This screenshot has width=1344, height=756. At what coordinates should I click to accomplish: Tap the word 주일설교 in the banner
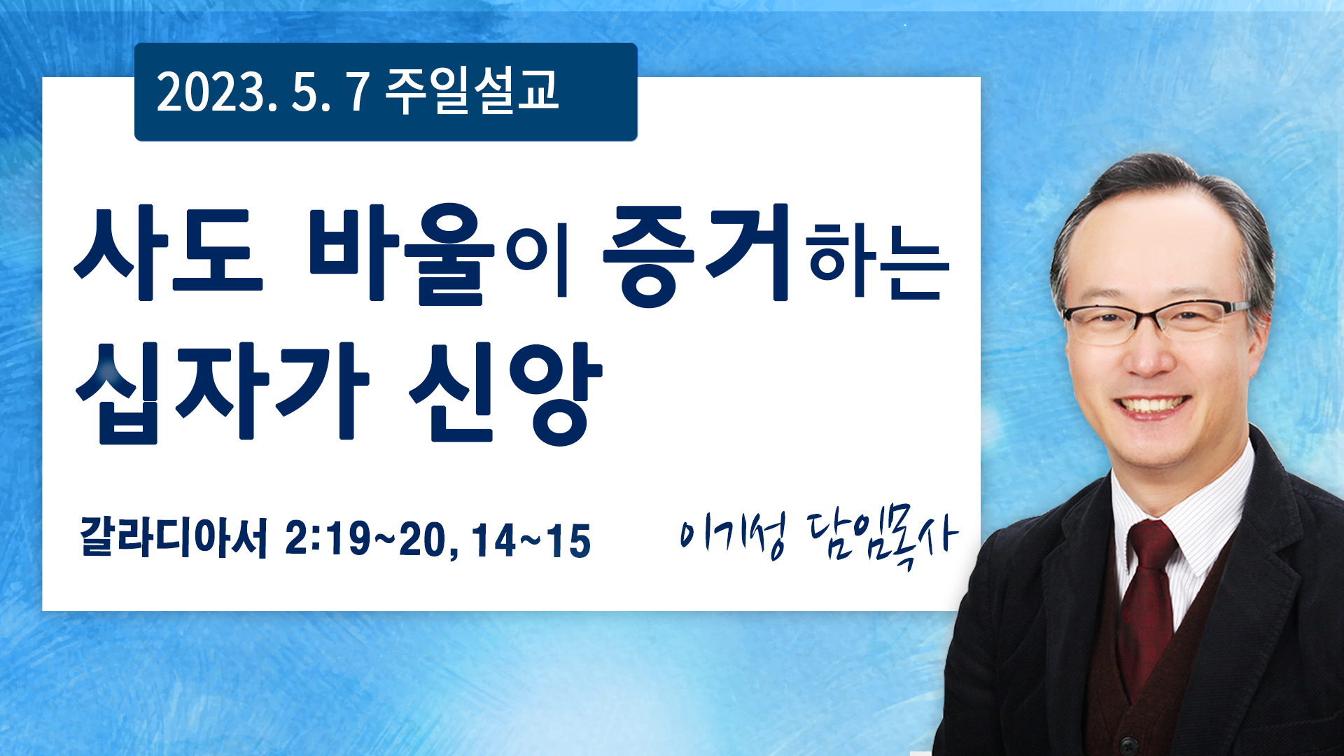point(472,91)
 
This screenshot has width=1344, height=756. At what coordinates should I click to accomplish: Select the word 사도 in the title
point(169,254)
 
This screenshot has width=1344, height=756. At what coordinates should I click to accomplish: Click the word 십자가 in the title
point(222,392)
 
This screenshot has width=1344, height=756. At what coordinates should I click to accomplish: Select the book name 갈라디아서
point(174,538)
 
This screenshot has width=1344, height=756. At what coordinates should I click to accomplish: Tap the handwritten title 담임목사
point(883,539)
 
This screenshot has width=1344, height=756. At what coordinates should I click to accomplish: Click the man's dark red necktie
point(1149,602)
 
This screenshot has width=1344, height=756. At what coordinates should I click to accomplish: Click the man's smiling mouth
point(1151,406)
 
